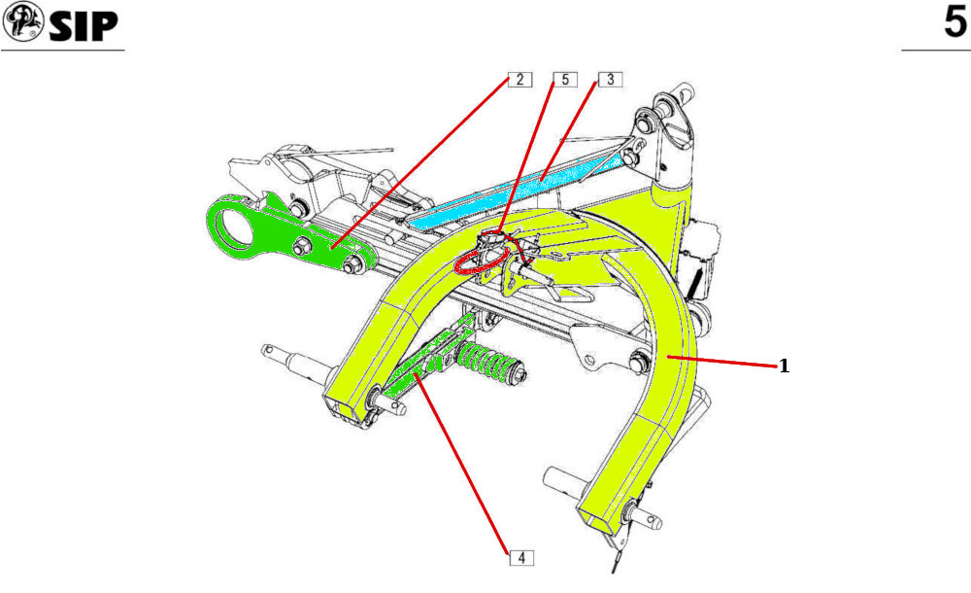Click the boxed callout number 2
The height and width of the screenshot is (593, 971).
pyautogui.click(x=519, y=80)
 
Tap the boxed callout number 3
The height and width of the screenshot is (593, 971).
pyautogui.click(x=610, y=80)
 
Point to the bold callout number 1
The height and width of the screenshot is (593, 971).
pyautogui.click(x=784, y=366)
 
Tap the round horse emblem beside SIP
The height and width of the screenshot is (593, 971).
pyautogui.click(x=21, y=22)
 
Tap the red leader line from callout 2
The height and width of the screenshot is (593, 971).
pyautogui.click(x=427, y=160)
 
